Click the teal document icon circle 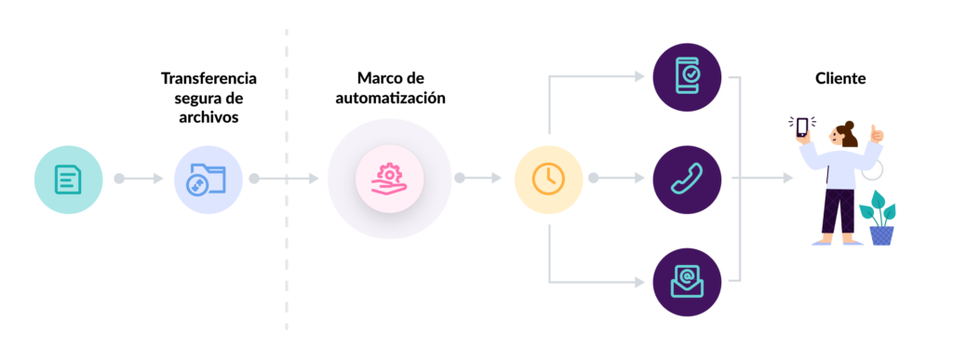68,178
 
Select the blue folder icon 208,178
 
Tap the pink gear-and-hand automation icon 389,178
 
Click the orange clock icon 548,178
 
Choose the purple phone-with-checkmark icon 687,75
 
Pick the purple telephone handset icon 687,178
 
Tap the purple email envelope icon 687,280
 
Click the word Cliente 840,79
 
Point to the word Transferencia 208,78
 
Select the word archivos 208,117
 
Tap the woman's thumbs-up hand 876,135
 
